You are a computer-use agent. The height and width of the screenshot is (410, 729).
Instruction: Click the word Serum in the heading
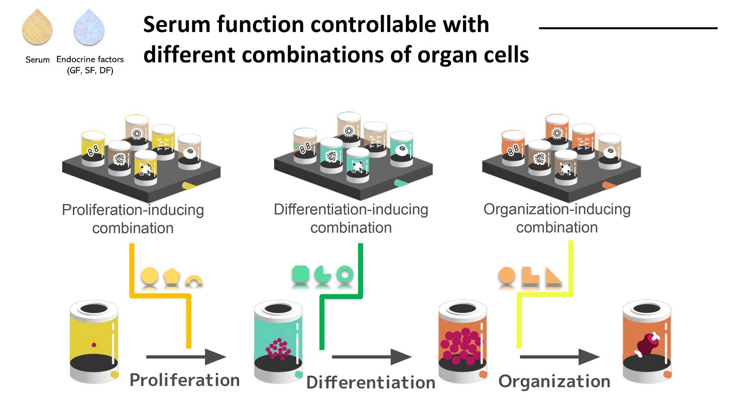click(x=177, y=25)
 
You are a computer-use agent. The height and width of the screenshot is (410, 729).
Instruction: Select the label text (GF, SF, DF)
click(x=90, y=71)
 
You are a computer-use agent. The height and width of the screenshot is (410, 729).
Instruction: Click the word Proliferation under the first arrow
click(x=185, y=380)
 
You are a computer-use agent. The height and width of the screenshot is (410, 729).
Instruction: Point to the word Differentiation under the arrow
click(x=371, y=382)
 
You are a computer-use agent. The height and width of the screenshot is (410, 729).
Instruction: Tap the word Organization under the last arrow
click(x=554, y=381)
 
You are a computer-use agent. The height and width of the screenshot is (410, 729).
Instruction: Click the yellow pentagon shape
click(x=171, y=276)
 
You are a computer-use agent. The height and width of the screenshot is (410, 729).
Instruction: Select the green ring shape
click(x=344, y=274)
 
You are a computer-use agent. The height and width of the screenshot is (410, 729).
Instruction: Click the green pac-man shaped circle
click(x=323, y=274)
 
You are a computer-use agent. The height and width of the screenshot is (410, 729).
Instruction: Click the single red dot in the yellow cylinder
click(x=94, y=345)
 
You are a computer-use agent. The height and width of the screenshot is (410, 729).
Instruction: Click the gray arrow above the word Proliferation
click(x=186, y=357)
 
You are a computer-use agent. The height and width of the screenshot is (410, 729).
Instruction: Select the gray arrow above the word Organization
click(x=560, y=357)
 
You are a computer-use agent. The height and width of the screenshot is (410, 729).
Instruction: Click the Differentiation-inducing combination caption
click(x=351, y=218)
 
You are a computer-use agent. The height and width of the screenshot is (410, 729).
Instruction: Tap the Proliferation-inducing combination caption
click(x=133, y=219)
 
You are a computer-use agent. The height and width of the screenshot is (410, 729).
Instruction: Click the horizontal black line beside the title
click(x=628, y=28)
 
